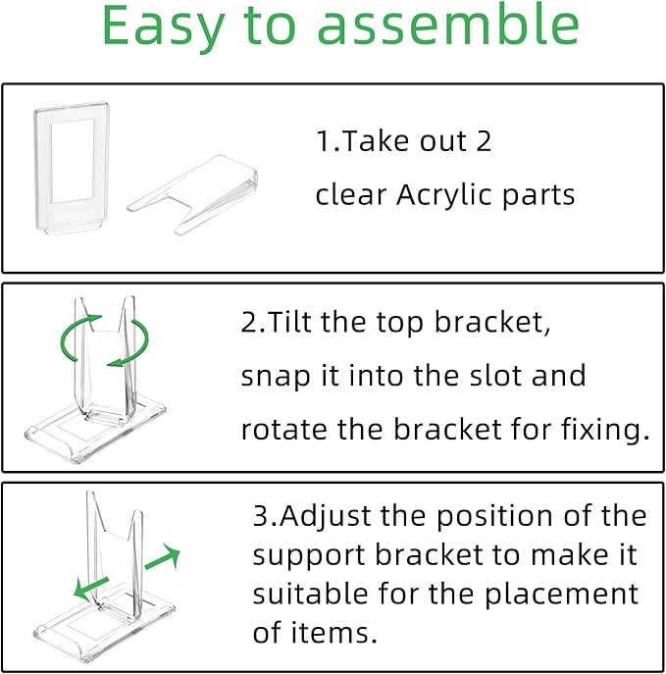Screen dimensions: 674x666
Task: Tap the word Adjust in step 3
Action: pyautogui.click(x=326, y=517)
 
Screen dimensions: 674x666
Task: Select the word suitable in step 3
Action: pyautogui.click(x=300, y=595)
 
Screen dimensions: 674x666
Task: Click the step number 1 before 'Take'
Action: pyautogui.click(x=323, y=142)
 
